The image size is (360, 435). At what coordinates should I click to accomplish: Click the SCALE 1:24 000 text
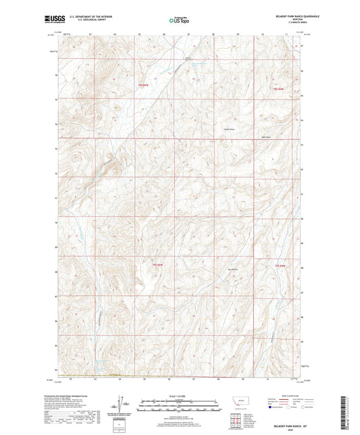coord(179,396)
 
